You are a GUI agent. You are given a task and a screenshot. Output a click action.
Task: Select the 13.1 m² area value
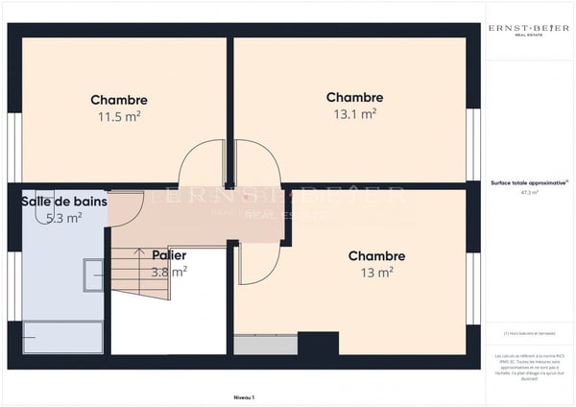[354, 113]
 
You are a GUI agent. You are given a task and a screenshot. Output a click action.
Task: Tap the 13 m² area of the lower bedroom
[376, 273]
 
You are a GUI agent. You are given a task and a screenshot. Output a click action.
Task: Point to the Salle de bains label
[64, 202]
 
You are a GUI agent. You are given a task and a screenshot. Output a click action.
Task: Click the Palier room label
[169, 255]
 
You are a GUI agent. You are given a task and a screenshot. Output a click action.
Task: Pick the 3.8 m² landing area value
[169, 272]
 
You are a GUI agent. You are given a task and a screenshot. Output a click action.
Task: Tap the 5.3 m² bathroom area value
[64, 217]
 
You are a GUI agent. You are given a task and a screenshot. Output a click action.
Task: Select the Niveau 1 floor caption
[245, 396]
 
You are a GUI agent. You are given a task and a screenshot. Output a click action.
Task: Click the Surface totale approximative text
[528, 181]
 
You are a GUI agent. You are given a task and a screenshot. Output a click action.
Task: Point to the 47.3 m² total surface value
[529, 192]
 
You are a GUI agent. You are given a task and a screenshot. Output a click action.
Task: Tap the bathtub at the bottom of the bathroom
[62, 337]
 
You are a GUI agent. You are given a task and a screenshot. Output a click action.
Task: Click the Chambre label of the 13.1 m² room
[354, 98]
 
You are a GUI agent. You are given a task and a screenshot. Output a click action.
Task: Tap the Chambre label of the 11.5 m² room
[119, 100]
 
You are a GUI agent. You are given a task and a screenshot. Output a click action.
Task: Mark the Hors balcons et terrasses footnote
[528, 333]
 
